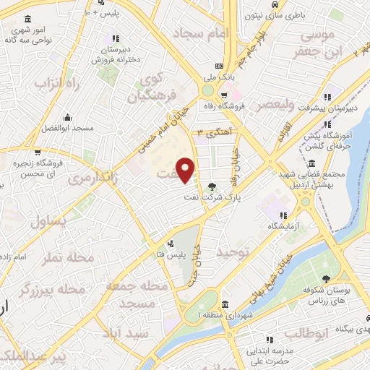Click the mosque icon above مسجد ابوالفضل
(x=67, y=116)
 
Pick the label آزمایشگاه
(x=283, y=226)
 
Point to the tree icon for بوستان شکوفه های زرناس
(x=327, y=280)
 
